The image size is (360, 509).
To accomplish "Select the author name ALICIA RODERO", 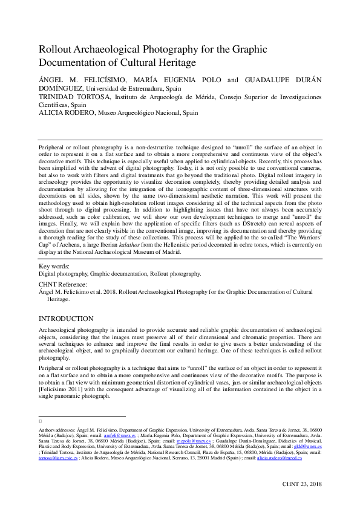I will (x=64, y=112).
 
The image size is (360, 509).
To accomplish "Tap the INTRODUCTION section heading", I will (x=66, y=319).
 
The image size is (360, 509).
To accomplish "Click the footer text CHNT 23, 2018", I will (x=302, y=484).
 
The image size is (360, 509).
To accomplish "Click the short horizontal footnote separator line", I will (x=82, y=417).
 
